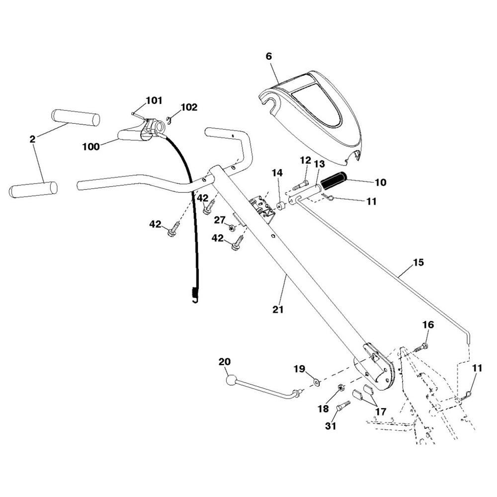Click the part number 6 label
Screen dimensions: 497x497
269,57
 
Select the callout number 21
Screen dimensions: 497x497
278,309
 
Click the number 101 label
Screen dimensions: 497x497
154,101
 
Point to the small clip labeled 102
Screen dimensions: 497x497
168,118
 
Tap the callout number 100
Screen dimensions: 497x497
91,147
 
